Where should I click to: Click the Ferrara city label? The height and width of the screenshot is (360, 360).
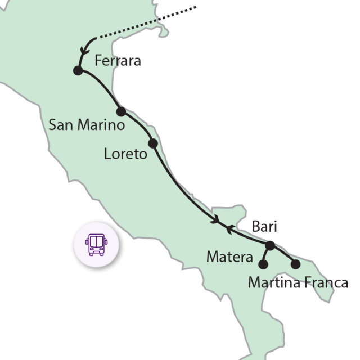(118, 61)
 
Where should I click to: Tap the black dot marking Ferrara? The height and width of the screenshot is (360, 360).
(78, 70)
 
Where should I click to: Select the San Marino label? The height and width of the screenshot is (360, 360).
(86, 125)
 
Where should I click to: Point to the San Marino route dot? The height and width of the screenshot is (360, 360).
(120, 111)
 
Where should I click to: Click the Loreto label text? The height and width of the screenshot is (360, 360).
(125, 153)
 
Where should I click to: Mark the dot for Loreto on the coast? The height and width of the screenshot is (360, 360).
(152, 143)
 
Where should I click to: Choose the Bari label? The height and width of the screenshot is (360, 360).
(265, 227)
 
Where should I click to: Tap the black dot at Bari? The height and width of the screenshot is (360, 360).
(270, 245)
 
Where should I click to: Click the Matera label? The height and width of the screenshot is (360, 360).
(229, 258)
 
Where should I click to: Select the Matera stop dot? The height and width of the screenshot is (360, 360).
(263, 264)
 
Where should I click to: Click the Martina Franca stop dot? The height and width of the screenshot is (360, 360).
(296, 264)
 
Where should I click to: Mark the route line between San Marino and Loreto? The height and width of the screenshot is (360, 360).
(137, 126)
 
